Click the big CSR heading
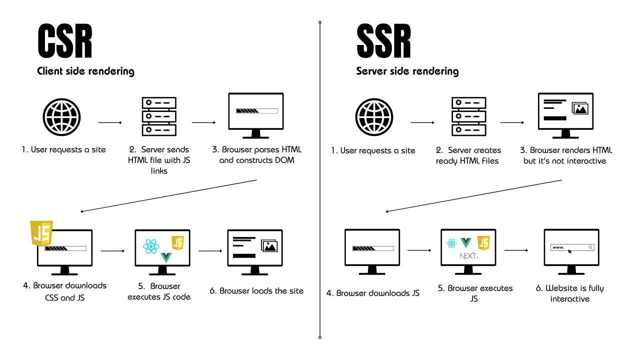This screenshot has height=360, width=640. click(65, 42)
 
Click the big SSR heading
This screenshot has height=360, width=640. click(383, 42)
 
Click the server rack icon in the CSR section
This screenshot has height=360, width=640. click(159, 116)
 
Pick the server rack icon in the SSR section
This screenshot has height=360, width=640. click(469, 116)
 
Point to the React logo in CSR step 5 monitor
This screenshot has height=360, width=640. click(150, 246)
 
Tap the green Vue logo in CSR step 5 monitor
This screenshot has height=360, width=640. click(166, 258)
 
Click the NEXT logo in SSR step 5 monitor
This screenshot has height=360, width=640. click(468, 256)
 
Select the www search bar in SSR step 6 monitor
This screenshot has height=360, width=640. click(572, 247)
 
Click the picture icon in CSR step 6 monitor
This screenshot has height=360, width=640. click(269, 245)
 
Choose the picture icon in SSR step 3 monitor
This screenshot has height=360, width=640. click(580, 108)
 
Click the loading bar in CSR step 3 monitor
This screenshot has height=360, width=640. click(256, 111)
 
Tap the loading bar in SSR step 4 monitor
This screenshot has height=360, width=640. click(372, 248)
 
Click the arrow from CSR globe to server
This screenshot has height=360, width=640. click(110, 122)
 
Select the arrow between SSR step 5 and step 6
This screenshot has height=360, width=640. click(516, 250)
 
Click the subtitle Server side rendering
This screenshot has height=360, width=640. click(407, 71)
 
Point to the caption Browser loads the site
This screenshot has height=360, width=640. click(256, 291)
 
